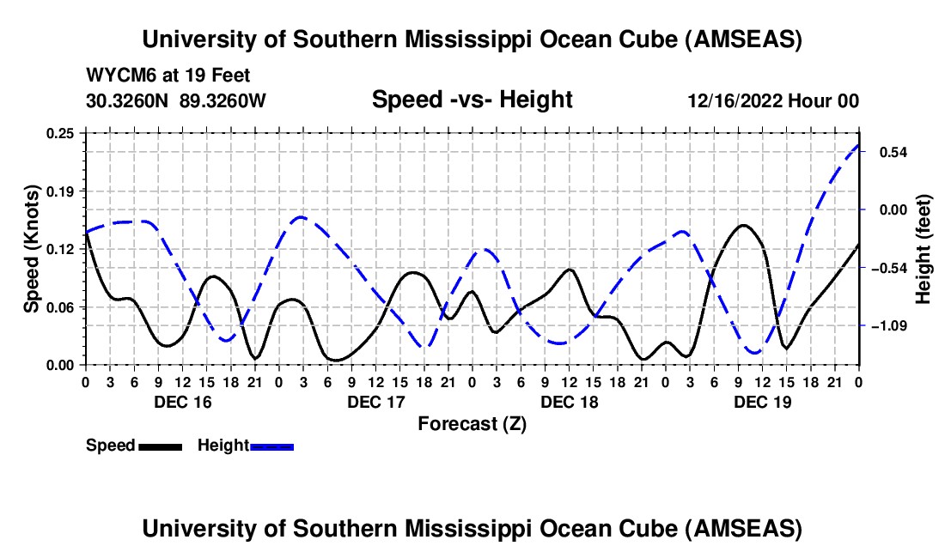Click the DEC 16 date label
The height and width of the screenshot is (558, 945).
(182, 402)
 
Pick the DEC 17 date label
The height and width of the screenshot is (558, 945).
(375, 402)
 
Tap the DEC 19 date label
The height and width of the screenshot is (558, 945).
(763, 402)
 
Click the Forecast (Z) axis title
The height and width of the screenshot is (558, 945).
(472, 423)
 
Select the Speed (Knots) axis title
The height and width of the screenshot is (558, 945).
(31, 248)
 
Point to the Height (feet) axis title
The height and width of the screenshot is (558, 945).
(924, 250)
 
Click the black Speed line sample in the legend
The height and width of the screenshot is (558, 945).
(160, 446)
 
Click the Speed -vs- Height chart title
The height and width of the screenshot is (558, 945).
(472, 100)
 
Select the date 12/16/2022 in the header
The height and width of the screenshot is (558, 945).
(736, 100)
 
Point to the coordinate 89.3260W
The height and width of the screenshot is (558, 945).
(223, 100)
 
